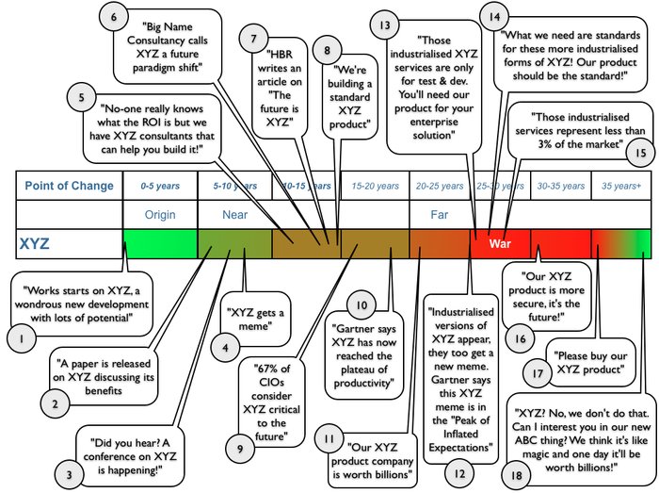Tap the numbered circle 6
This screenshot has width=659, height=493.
click(x=114, y=17)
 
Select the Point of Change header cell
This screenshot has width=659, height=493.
click(x=69, y=186)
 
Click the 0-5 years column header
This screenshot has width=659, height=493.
click(x=160, y=187)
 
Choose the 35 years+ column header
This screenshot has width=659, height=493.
click(x=622, y=187)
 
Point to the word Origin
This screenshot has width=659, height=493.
click(x=160, y=214)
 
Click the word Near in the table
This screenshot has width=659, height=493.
click(x=234, y=214)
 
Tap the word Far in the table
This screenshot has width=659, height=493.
click(x=440, y=214)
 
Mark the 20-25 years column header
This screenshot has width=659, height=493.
click(x=440, y=187)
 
